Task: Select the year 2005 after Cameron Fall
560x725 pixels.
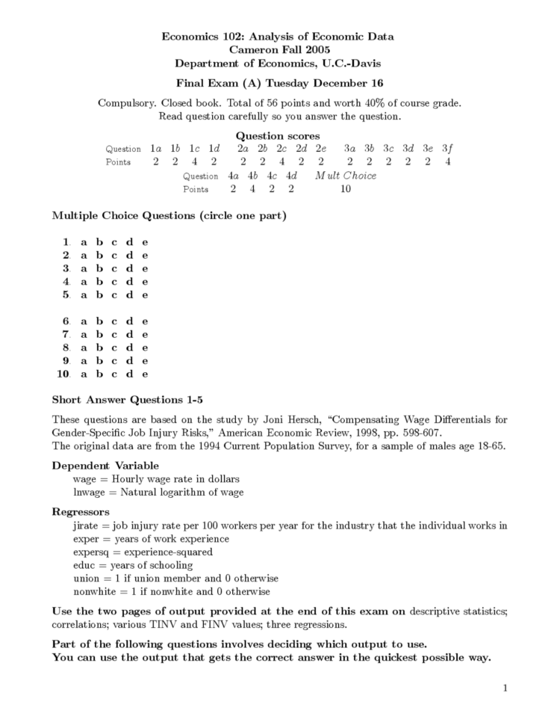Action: pyautogui.click(x=317, y=49)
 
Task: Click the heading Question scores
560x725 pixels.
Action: pyautogui.click(x=278, y=135)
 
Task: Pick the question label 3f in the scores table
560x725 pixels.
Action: pyautogui.click(x=447, y=149)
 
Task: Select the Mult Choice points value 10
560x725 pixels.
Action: pyautogui.click(x=345, y=189)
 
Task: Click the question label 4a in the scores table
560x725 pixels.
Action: pyautogui.click(x=233, y=176)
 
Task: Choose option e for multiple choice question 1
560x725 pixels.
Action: pyautogui.click(x=145, y=241)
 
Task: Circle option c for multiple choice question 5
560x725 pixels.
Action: pyautogui.click(x=114, y=294)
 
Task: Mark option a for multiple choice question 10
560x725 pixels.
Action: pyautogui.click(x=84, y=374)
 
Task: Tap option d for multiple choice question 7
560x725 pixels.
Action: pyautogui.click(x=129, y=334)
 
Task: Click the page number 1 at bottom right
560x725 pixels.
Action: pyautogui.click(x=505, y=688)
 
